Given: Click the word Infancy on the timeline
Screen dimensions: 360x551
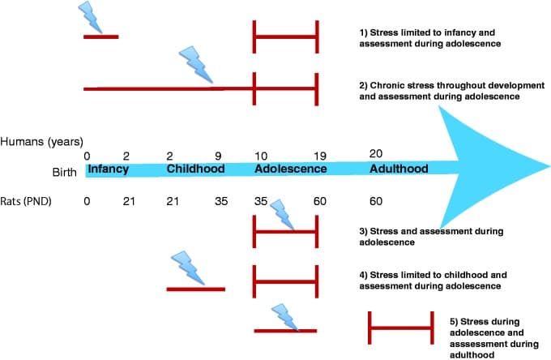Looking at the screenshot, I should point(108,169).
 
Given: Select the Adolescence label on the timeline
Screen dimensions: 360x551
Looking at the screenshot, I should point(290,169).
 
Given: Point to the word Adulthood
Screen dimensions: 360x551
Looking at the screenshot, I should point(398,169).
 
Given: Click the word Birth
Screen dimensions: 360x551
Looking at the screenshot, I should point(64,172).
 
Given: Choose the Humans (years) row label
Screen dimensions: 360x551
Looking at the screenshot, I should point(42,142).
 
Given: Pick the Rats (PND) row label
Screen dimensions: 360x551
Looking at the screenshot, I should point(28,200).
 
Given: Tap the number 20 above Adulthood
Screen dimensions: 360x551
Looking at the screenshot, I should point(375,153).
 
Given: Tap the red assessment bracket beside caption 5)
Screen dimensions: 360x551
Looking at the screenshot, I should point(400,328).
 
